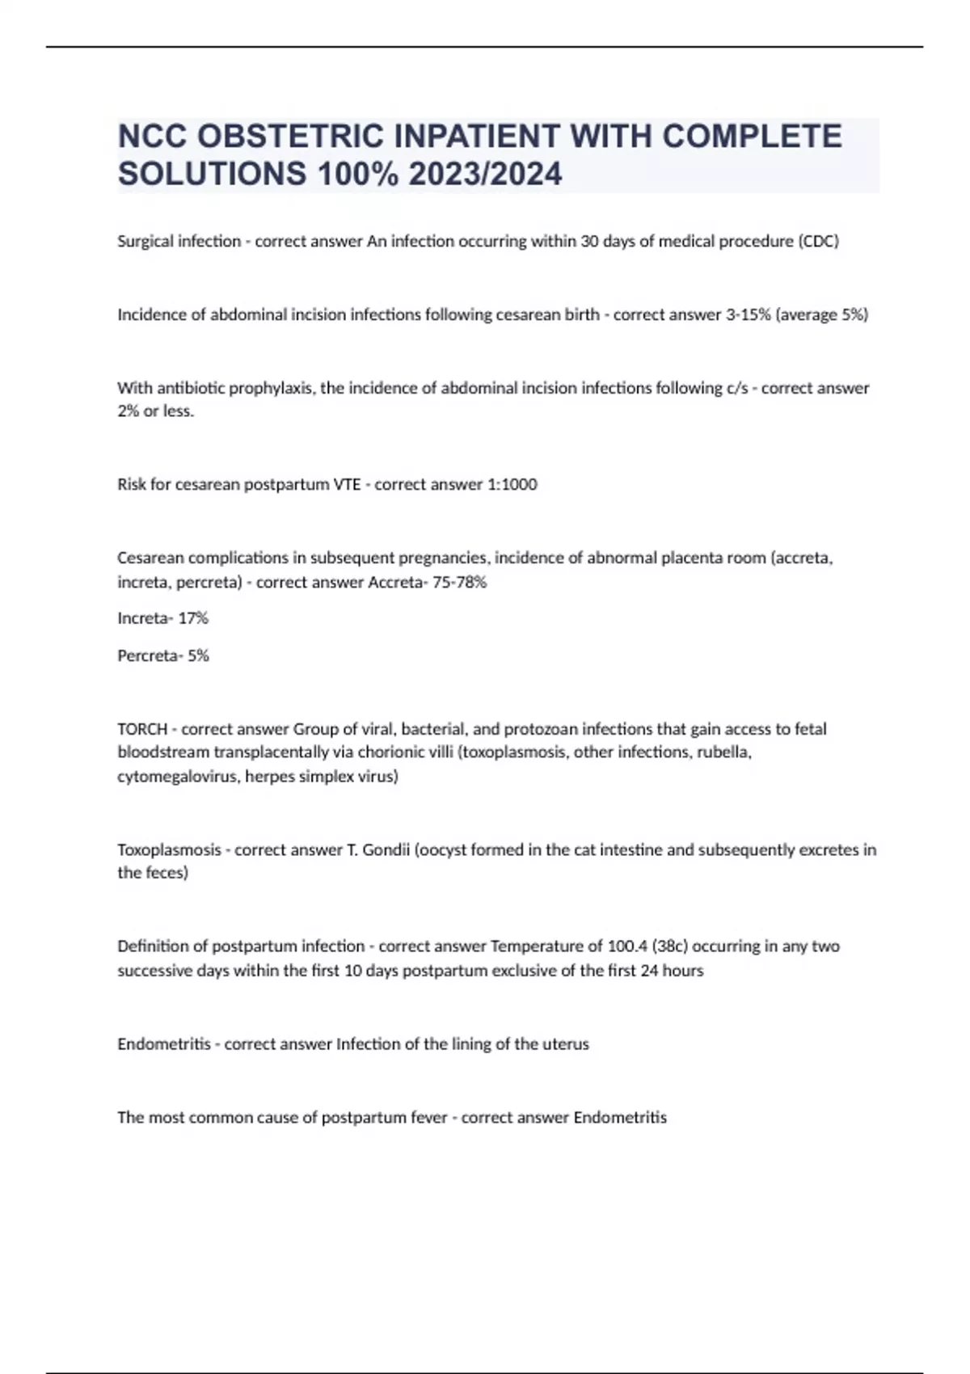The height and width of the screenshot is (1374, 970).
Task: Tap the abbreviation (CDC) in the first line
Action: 818,241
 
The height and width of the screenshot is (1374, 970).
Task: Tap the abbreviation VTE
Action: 348,484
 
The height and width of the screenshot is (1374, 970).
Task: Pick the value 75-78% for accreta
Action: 461,582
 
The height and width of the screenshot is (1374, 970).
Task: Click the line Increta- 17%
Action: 162,618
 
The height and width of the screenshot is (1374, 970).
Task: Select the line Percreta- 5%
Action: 163,655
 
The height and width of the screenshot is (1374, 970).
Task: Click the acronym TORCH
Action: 142,729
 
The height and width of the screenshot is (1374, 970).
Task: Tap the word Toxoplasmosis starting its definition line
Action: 169,849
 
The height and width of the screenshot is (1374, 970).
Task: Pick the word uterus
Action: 566,1044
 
